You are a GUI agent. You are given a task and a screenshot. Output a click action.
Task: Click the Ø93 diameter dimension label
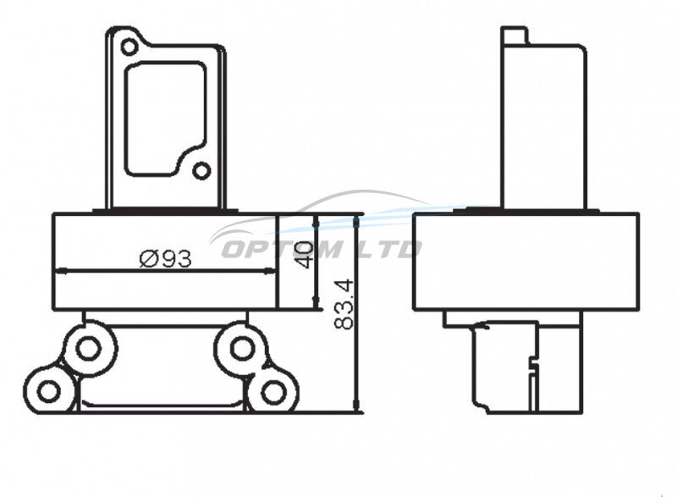(166, 259)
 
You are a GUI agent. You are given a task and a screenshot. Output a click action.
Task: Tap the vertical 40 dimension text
(304, 254)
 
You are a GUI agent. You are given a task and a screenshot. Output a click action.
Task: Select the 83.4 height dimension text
(344, 305)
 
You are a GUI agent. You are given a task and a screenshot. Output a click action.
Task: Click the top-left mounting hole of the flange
(129, 47)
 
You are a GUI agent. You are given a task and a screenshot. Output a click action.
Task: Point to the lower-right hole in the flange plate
(201, 171)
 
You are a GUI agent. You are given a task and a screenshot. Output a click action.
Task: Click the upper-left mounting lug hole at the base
(89, 349)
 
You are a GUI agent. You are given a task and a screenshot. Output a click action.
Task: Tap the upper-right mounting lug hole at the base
(241, 349)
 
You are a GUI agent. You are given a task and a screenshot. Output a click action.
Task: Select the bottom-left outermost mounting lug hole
(48, 392)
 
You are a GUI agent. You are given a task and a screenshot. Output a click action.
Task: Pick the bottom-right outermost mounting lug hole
(272, 392)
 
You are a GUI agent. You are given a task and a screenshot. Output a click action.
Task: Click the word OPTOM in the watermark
(281, 249)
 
